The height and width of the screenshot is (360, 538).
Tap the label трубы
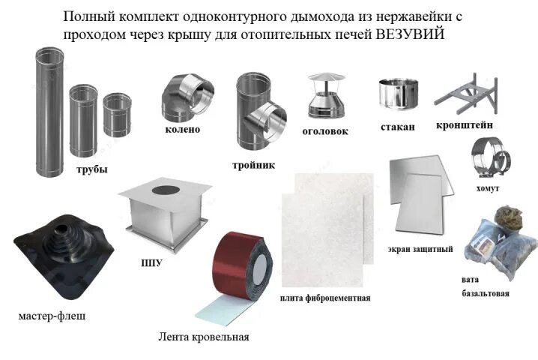coord(91,169)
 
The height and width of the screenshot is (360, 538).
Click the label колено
coord(183,129)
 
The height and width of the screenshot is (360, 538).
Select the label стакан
coord(397,126)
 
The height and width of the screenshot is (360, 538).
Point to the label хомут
coord(487,187)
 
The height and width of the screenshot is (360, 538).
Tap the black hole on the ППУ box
coord(162,190)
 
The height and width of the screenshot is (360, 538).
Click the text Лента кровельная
coord(204,337)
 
